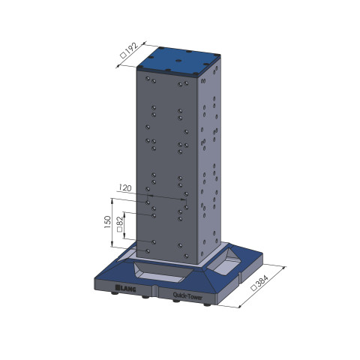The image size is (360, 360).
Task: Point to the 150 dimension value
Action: tap(107, 222)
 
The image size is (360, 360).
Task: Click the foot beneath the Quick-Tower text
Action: tap(175, 303)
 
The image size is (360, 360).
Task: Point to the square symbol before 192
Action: tap(123, 58)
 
